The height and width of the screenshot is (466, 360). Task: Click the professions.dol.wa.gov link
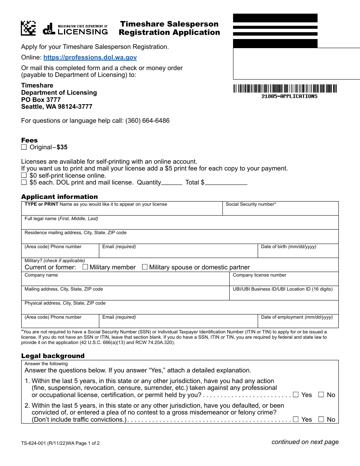(x=90, y=58)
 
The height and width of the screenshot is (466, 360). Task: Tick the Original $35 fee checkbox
(x=24, y=147)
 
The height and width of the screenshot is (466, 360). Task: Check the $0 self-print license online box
(x=24, y=175)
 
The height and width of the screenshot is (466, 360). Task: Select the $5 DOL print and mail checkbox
(x=24, y=182)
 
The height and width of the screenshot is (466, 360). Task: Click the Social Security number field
(x=280, y=210)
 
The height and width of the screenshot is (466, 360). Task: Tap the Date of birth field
(x=298, y=253)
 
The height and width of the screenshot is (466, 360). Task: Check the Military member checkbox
(x=85, y=267)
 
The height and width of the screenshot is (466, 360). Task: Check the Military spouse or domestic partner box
(x=145, y=267)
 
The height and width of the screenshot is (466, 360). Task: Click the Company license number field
(x=283, y=281)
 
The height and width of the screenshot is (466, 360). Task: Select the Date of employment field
(x=298, y=323)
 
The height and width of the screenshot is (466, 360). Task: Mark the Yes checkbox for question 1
(x=296, y=395)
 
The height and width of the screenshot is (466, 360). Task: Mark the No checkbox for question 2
(x=321, y=419)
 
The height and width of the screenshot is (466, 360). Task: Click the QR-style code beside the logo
(x=28, y=28)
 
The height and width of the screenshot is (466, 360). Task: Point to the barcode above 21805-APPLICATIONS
(x=285, y=89)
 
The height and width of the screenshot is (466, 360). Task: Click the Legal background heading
(x=53, y=356)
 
